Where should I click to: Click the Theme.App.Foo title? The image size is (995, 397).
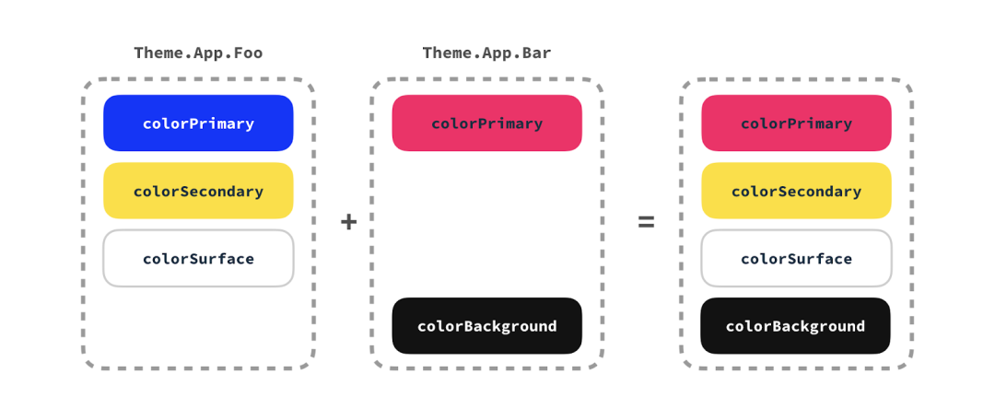point(198,53)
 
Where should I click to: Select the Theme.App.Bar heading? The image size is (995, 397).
point(486,53)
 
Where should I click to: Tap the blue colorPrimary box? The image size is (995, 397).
point(198,123)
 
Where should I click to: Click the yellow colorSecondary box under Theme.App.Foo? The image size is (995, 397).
point(198,191)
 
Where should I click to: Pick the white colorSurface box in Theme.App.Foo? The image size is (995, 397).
point(198,258)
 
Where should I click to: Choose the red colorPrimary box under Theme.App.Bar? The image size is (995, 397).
point(486,123)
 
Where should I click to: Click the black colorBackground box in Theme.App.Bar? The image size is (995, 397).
point(486,325)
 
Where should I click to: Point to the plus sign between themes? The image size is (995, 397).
point(348,222)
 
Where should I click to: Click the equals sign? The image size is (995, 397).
point(647,222)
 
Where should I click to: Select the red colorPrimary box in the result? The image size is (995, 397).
point(796,123)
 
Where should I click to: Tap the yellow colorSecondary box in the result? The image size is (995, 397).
point(796,191)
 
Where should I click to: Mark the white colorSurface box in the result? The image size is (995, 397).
point(796,258)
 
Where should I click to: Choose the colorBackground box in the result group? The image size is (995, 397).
point(796,325)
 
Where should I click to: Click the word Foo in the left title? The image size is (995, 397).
point(247,53)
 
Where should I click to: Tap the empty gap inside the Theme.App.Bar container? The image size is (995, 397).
point(486,224)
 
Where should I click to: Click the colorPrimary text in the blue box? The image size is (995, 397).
point(198,123)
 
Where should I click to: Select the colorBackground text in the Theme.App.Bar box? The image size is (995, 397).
point(486,326)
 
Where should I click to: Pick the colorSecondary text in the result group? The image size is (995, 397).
point(796,192)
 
